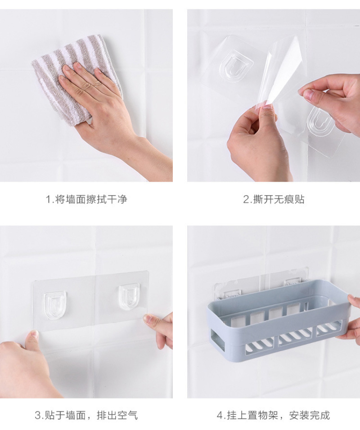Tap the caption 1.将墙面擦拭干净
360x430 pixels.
coord(86,199)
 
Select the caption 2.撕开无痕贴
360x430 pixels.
coord(274,199)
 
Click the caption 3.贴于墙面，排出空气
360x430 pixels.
coord(86,415)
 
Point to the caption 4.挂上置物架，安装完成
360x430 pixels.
coord(273,415)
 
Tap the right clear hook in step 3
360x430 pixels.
coord(128,298)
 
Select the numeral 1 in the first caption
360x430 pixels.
coord(48,200)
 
